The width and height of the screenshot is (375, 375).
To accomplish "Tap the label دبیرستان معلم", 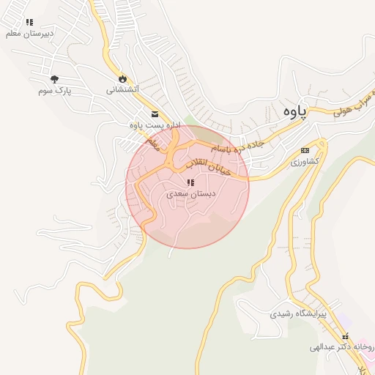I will coord(29,34).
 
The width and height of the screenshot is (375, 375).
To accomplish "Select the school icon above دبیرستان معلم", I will coord(29,23).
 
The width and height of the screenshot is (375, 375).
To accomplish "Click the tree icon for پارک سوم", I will coord(54,78).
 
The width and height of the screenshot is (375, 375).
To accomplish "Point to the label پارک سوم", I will coord(54,91).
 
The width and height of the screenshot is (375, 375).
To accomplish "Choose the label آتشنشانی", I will coord(122,90).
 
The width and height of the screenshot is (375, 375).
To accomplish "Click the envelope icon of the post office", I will coord(155,114).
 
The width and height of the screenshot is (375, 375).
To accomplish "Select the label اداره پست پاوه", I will coord(155,125).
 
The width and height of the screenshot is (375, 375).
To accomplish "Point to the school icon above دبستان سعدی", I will coord(190,182).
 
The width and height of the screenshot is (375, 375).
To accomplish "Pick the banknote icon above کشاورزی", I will coord(305,150).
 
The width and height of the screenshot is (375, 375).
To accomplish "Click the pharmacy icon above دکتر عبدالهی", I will coord(345,336).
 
